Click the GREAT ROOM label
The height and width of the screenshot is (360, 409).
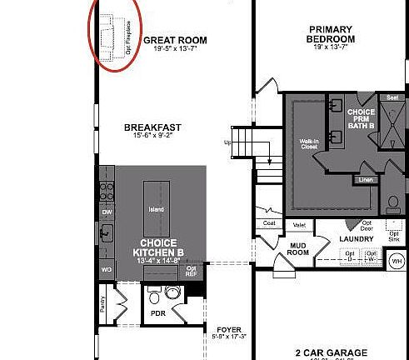[175, 40]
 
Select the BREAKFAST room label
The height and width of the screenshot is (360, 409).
[152, 127]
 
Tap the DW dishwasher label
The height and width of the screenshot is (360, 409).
[107, 212]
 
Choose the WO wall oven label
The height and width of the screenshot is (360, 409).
[107, 271]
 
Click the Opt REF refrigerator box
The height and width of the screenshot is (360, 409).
[191, 270]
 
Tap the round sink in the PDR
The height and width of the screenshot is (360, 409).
[153, 296]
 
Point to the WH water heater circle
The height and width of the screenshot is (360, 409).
[396, 262]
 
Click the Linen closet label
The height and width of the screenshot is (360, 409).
[366, 179]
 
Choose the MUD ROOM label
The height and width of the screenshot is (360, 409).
[297, 247]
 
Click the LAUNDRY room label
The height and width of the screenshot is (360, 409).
[356, 239]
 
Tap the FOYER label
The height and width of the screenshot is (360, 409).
[230, 329]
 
